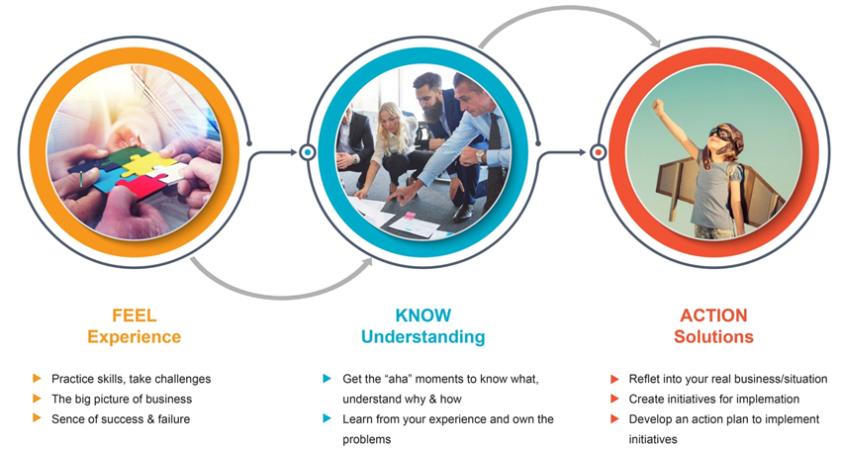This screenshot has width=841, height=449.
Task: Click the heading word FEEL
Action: [135, 314]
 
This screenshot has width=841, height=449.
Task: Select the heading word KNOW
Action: [423, 314]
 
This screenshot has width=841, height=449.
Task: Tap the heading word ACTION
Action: [713, 314]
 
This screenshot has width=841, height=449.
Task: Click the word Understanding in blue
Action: [423, 337]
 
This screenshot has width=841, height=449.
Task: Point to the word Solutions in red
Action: [713, 337]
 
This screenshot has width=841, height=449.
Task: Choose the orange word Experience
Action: [135, 337]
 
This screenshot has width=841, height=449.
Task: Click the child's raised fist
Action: [657, 106]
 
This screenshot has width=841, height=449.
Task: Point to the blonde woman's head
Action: [390, 116]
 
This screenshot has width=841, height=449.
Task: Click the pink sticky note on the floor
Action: [410, 216]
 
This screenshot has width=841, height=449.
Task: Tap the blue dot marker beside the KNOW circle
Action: [307, 153]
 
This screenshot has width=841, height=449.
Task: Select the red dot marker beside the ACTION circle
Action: [598, 153]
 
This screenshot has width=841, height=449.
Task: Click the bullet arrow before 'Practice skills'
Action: [37, 378]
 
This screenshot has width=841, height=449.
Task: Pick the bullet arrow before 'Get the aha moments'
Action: [327, 378]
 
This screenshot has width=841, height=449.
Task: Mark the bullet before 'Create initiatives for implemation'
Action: [614, 399]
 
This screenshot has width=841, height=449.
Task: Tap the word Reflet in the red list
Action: [644, 379]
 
